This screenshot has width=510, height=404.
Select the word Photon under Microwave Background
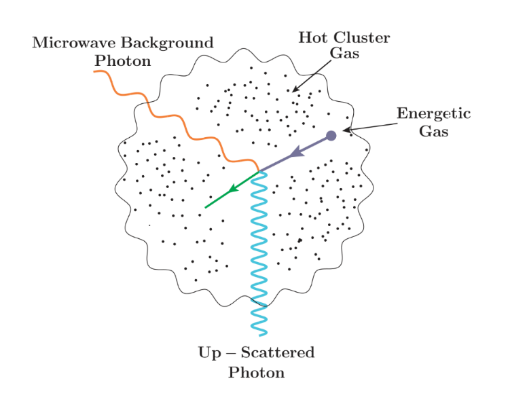pyautogui.click(x=122, y=60)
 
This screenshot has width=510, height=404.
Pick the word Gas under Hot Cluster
pyautogui.click(x=344, y=54)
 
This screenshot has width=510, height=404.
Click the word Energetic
pyautogui.click(x=433, y=113)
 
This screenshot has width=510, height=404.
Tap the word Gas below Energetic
pyautogui.click(x=433, y=131)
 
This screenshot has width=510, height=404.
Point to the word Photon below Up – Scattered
pyautogui.click(x=256, y=372)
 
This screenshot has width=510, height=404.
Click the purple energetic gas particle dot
pyautogui.click(x=331, y=135)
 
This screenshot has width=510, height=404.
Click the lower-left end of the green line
pyautogui.click(x=206, y=207)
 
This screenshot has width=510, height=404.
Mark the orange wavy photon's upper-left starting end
pyautogui.click(x=94, y=71)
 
